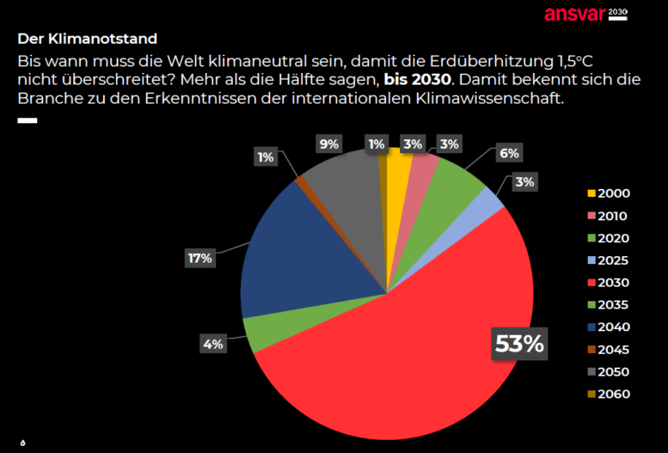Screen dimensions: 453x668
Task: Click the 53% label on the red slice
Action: tap(519, 344)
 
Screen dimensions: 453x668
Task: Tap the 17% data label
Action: tap(199, 258)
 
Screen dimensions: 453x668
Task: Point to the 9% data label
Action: tap(328, 144)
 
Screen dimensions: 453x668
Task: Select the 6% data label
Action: tap(510, 153)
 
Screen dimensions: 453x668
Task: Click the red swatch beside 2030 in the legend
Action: tap(591, 283)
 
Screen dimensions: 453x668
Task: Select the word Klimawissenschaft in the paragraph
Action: tap(491, 99)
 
